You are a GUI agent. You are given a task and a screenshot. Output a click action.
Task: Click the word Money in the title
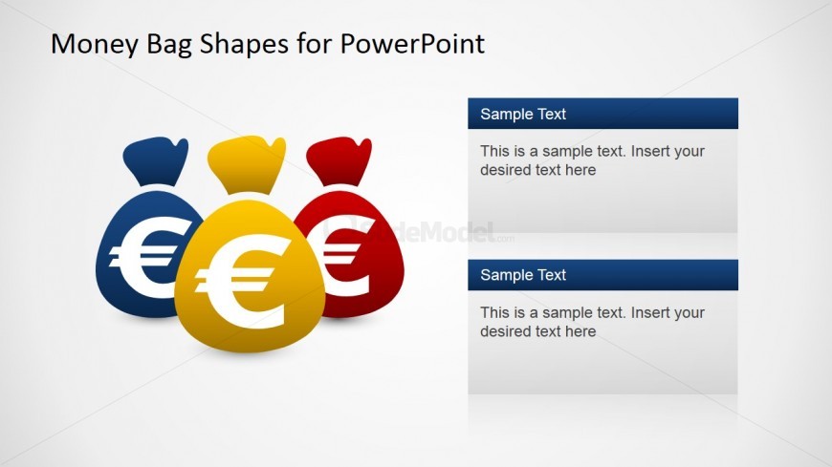[x=94, y=44]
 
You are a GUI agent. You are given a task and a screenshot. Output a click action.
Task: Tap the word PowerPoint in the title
[x=412, y=43]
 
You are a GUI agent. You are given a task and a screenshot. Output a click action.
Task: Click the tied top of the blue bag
[x=156, y=160]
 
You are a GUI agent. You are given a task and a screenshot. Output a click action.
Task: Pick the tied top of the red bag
[x=339, y=160]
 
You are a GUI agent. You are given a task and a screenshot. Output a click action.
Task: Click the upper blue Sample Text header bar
[x=602, y=114]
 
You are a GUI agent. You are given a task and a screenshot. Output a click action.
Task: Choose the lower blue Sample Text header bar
[x=602, y=275]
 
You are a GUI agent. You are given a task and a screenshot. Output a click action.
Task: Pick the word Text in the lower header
[x=551, y=275]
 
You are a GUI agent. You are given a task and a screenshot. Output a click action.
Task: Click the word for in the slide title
[x=315, y=44]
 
